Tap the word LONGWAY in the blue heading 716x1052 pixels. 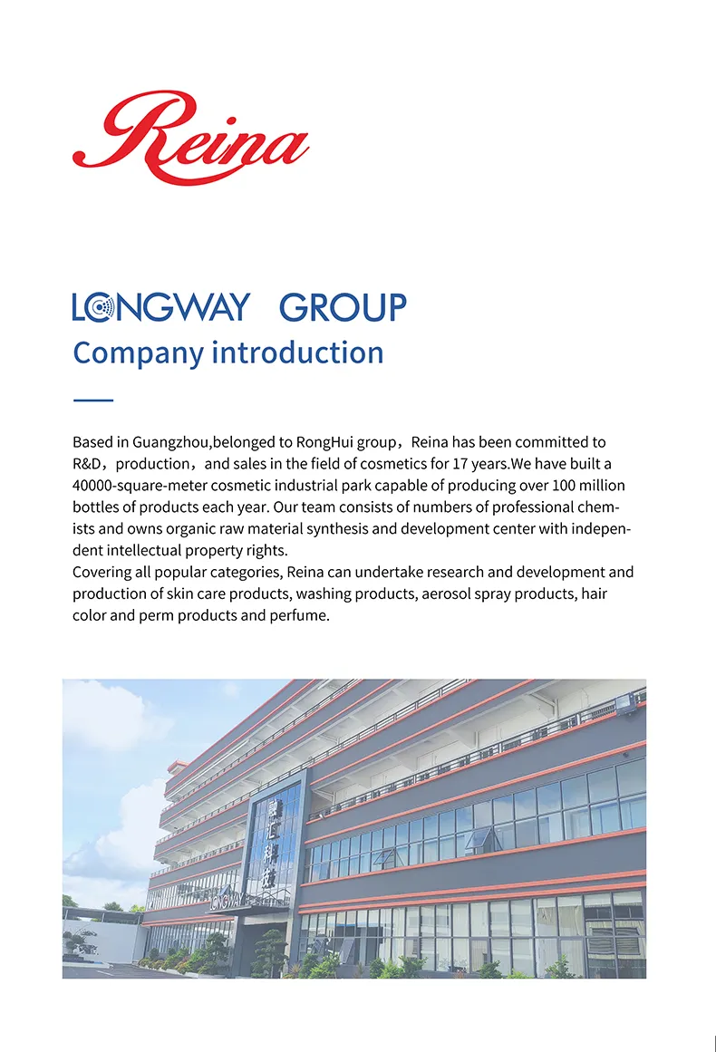click(160, 307)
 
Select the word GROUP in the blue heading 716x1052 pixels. click(343, 308)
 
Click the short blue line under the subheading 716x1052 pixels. click(92, 400)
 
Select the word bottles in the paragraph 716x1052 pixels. click(96, 507)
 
